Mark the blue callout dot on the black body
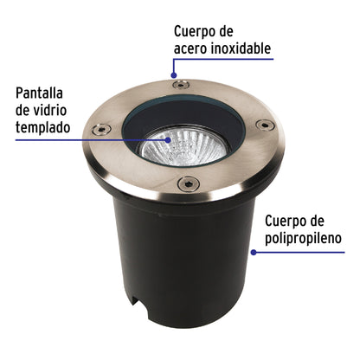pos(253,253)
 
